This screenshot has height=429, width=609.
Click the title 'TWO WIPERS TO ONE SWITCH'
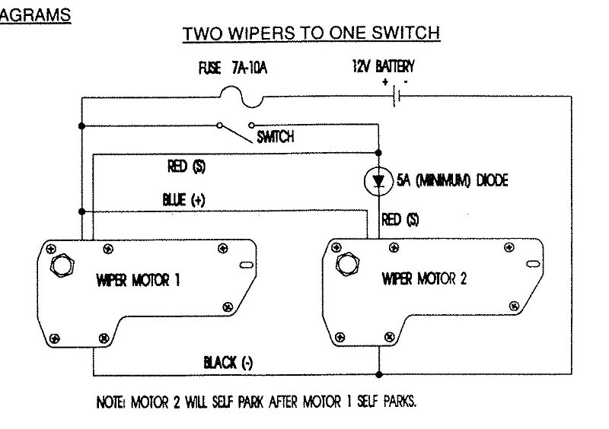coord(313,34)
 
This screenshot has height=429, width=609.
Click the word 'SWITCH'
coord(276,138)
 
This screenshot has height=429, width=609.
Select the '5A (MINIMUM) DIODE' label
coord(442,181)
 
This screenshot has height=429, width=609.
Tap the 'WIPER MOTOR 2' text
coord(422,279)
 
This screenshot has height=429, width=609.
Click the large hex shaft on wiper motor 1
coord(60,267)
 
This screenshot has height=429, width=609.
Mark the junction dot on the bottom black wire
coord(378,374)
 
